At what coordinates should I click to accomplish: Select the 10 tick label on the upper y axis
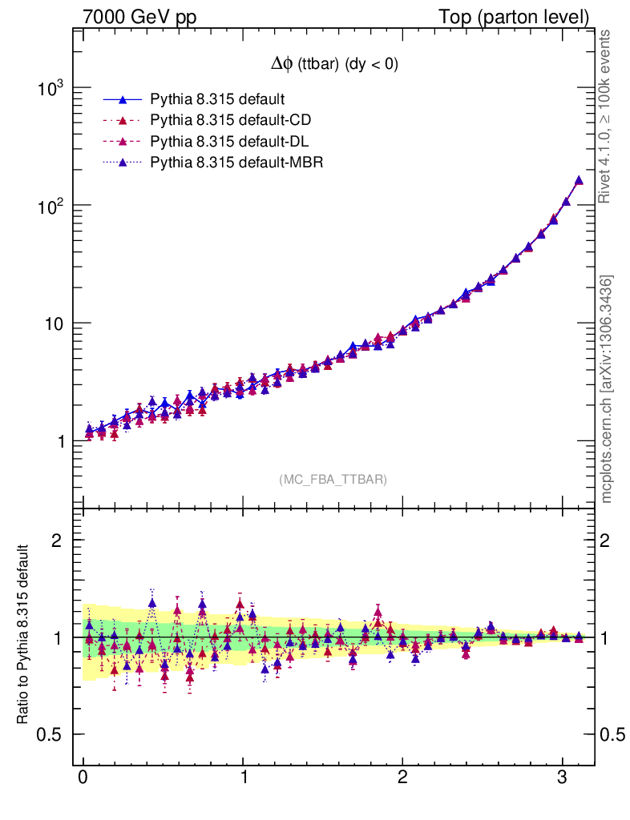click(x=53, y=324)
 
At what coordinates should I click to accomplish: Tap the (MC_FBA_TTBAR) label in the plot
click(x=333, y=480)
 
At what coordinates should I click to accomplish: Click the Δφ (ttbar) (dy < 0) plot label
click(x=333, y=66)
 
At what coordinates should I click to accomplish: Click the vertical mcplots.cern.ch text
click(x=608, y=389)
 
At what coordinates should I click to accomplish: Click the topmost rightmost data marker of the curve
click(x=579, y=181)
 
